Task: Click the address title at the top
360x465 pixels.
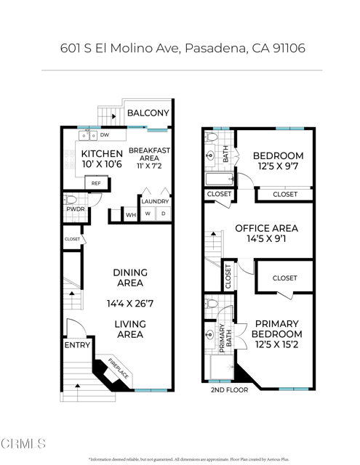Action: (x=182, y=48)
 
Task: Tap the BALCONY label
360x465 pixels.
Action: (x=148, y=113)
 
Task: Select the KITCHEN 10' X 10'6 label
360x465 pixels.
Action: (x=101, y=159)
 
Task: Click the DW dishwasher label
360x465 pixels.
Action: (x=105, y=135)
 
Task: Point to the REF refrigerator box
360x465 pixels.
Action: (x=96, y=184)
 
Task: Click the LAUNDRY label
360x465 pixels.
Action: (x=155, y=201)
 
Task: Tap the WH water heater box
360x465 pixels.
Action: (x=131, y=215)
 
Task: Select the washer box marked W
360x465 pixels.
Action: (x=148, y=214)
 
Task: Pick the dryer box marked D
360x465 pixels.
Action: (x=164, y=214)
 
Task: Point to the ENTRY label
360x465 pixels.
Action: (x=77, y=345)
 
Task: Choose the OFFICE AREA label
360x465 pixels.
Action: (x=266, y=233)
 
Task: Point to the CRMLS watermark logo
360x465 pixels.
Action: (x=24, y=443)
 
